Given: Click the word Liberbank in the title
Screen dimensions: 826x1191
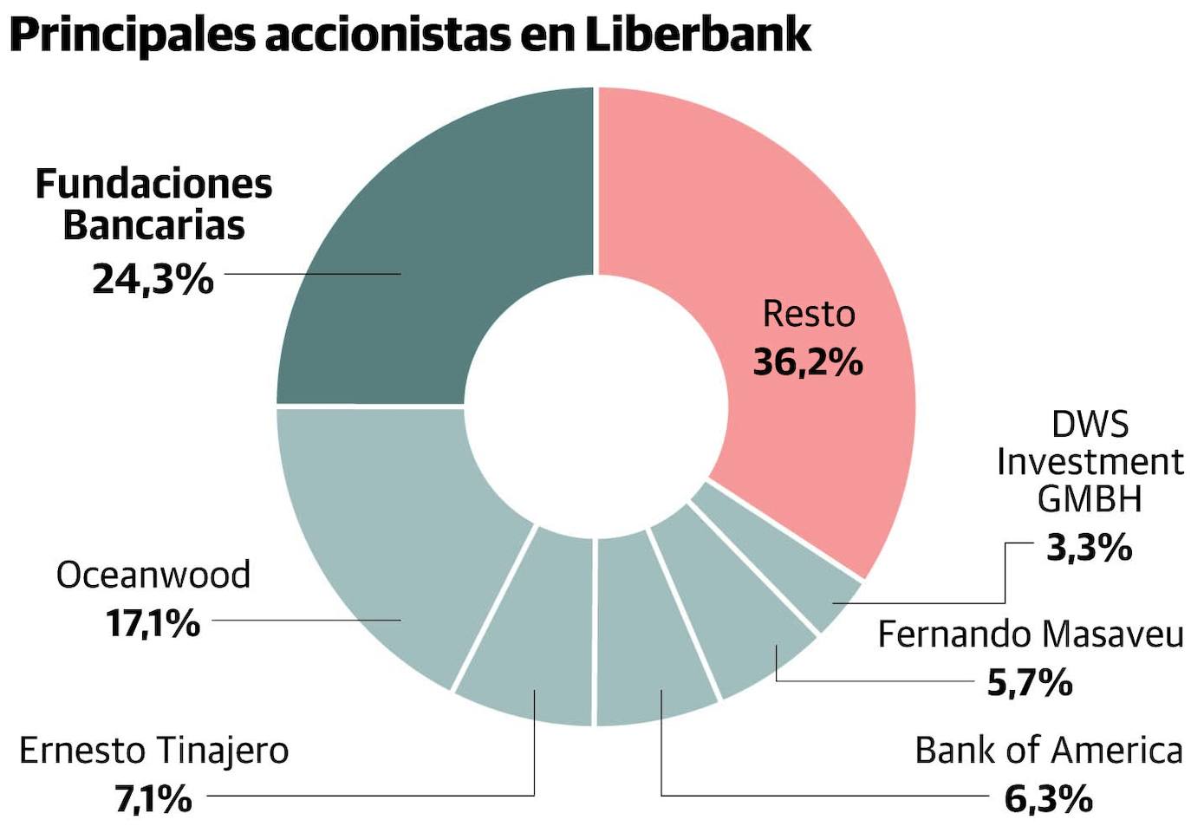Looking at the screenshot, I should [698, 35].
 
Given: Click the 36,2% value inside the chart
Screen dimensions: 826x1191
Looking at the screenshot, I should [808, 361].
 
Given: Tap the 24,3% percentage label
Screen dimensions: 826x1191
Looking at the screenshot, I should [153, 279].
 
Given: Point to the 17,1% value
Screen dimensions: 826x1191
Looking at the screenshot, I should [153, 623].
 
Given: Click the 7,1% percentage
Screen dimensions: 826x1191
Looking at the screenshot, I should [153, 798].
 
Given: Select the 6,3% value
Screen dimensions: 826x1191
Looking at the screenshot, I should [1048, 798].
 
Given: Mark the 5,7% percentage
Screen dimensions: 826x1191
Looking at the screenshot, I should [1030, 684].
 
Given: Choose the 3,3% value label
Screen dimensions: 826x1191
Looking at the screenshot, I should [1090, 548].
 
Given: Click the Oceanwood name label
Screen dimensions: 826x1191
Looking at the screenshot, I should [153, 575].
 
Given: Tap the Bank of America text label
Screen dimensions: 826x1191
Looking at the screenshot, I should [1048, 751].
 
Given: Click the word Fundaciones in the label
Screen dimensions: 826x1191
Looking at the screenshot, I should [153, 184].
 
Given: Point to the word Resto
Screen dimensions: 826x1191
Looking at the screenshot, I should [809, 314].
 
